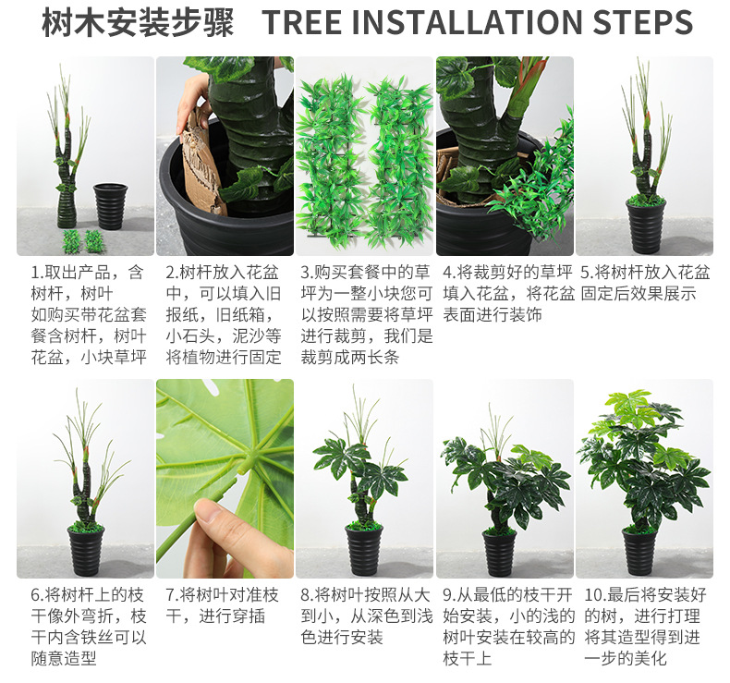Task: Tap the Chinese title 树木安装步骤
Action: click(x=137, y=23)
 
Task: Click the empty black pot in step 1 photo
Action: click(x=111, y=206)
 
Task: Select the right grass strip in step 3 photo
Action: click(x=397, y=157)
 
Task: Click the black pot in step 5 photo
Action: click(x=645, y=226)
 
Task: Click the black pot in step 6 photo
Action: click(x=86, y=550)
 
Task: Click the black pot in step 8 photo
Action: click(x=363, y=550)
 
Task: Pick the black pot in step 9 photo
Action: click(x=499, y=553)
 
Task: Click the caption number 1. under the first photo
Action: click(x=39, y=273)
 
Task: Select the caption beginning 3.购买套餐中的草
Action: click(x=365, y=314)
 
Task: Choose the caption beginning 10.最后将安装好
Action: click(x=644, y=627)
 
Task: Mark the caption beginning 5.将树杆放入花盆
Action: click(x=644, y=283)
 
